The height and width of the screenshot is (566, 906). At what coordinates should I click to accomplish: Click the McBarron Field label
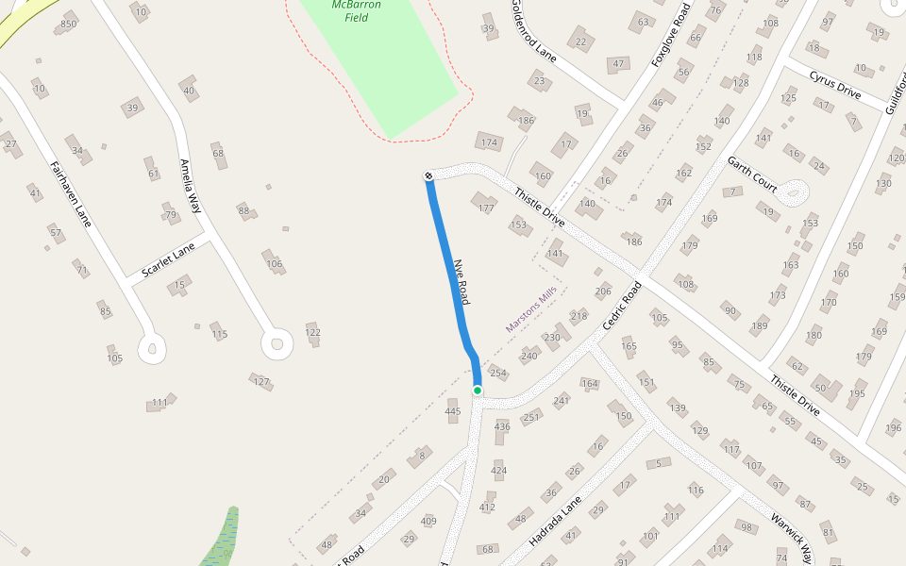click(357, 10)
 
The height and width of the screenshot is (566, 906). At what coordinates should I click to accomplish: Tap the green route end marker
click(478, 391)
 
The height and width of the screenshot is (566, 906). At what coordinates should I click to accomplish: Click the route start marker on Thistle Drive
click(428, 175)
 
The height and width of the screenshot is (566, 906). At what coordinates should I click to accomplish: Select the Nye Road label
click(461, 281)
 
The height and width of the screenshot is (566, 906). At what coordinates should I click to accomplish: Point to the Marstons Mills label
click(531, 312)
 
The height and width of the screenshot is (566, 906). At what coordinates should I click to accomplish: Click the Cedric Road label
click(623, 305)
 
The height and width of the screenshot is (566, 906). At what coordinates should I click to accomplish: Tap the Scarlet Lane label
click(168, 260)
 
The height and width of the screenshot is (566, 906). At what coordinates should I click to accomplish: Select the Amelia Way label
click(192, 186)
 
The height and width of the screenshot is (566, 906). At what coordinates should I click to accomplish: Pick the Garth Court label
click(752, 175)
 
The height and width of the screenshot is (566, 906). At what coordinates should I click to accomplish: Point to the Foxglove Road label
click(672, 35)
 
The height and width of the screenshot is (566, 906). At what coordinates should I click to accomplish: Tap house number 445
click(453, 411)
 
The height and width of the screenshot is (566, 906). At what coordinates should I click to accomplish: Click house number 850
click(68, 24)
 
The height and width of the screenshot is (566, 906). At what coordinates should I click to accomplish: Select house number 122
click(313, 332)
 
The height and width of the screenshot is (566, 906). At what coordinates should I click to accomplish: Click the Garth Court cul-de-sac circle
click(794, 193)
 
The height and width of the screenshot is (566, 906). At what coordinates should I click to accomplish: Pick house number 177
click(486, 208)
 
